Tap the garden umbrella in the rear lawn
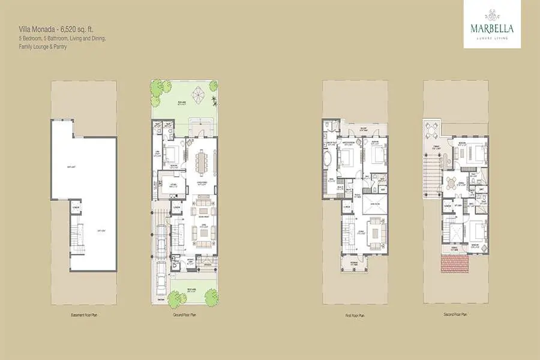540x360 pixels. click(x=198, y=94)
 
